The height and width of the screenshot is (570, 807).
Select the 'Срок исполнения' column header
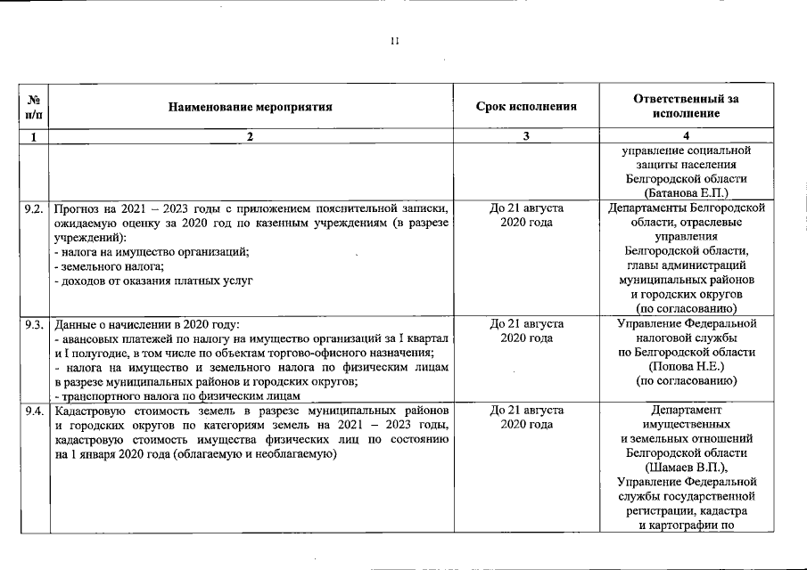click(x=526, y=107)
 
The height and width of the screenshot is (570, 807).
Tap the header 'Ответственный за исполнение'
click(x=685, y=107)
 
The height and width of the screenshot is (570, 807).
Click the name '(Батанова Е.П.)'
click(x=685, y=191)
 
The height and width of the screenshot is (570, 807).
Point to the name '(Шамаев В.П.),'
click(x=685, y=468)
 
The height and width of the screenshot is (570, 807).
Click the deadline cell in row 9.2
click(x=526, y=215)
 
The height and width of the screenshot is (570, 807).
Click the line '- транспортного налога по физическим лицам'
click(x=177, y=395)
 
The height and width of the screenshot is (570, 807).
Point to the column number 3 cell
click(x=526, y=137)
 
